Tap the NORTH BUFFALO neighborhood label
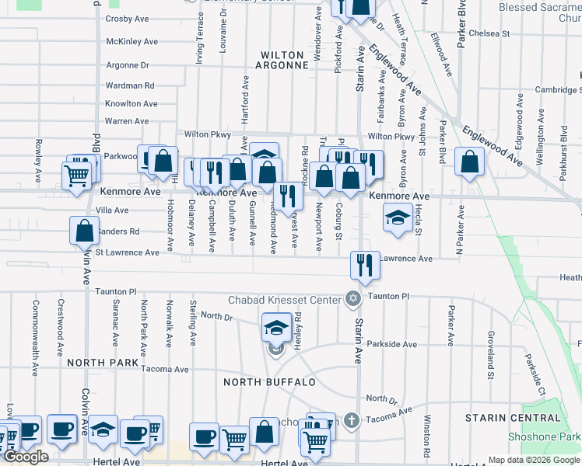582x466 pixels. point(269,382)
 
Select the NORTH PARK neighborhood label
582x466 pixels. point(103,363)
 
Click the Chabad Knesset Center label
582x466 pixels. point(285,300)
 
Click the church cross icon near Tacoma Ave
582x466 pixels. point(352,420)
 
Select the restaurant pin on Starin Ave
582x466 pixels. point(364,266)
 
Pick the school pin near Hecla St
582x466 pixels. point(397,220)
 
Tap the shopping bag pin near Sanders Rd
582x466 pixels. point(84,231)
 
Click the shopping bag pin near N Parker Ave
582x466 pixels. point(470,162)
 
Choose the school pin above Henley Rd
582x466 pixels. point(276,328)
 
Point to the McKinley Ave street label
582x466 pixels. point(131,42)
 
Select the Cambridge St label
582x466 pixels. point(558,90)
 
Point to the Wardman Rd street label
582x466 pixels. point(130,85)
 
